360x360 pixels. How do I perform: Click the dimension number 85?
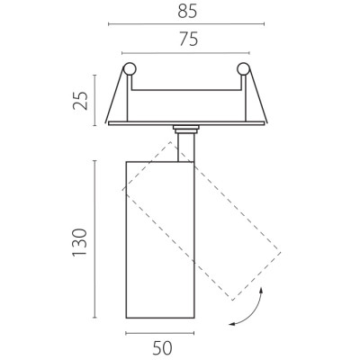(187, 12)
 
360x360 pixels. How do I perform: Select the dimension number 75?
(189, 40)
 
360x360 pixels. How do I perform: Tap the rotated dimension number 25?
(80, 101)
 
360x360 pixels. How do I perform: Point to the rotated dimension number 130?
(80, 242)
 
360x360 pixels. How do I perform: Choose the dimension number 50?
(162, 348)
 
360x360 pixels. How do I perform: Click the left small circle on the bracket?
(130, 69)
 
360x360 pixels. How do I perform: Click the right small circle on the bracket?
(243, 69)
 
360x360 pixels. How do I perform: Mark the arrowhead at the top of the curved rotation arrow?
(261, 290)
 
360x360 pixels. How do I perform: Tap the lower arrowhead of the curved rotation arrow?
(231, 324)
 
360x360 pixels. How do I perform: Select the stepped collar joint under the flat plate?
(186, 130)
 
